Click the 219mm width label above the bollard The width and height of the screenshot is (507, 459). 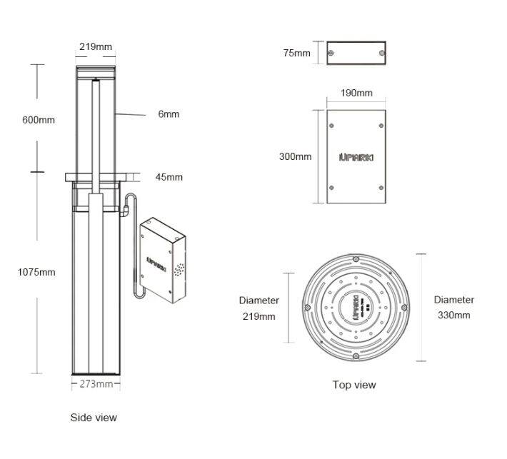[95, 47]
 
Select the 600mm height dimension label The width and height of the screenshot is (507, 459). [38, 120]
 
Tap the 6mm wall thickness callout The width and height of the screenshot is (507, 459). [169, 114]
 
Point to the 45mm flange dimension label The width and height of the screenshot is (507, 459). [169, 177]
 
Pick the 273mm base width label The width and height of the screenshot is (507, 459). [95, 384]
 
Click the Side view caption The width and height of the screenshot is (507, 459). [94, 418]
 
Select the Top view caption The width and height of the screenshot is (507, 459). [353, 385]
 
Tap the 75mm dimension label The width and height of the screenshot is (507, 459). [296, 54]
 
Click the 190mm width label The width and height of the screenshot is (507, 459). [356, 94]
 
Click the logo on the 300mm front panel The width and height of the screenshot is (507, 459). [355, 156]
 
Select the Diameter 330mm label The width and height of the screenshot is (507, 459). [453, 308]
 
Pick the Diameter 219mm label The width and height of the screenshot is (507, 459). [259, 308]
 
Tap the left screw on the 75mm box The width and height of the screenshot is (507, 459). [332, 54]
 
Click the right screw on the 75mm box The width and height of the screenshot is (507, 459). [381, 54]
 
